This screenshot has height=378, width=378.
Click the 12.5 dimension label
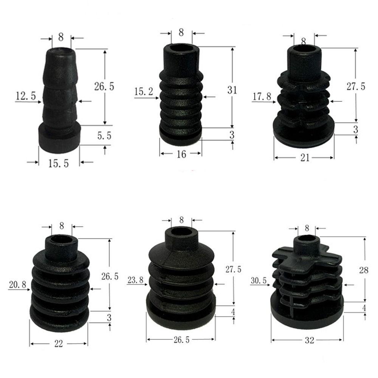click(26, 96)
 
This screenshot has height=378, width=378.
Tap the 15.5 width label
click(59, 164)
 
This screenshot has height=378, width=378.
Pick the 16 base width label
click(181, 154)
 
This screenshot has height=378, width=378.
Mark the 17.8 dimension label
click(262, 96)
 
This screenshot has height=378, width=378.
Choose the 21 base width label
click(305, 158)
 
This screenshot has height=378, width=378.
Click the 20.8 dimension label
click(17, 285)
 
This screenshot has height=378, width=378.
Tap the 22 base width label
click(59, 344)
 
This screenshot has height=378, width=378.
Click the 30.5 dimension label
click(260, 280)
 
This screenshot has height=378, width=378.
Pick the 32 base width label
click(309, 340)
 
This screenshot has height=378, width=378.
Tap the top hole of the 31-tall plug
click(182, 48)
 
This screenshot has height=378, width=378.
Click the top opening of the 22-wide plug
click(61, 239)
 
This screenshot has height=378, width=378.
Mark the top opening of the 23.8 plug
click(182, 232)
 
